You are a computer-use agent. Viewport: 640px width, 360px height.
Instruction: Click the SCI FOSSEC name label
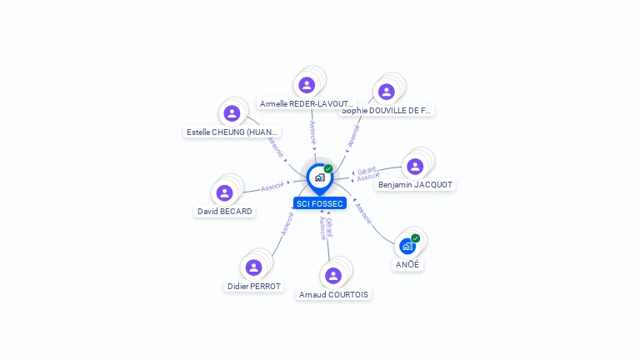(320, 203)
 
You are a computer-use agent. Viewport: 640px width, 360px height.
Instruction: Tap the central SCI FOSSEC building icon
(319, 177)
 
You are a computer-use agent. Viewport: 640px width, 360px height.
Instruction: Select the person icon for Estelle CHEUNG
(232, 113)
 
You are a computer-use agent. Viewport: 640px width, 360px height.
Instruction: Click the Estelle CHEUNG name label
(232, 132)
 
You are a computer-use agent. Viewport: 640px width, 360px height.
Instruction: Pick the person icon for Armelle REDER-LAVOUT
(307, 85)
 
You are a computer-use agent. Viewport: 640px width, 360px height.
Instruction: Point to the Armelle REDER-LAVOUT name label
(307, 104)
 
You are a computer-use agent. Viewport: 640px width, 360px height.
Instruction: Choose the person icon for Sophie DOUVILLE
(386, 92)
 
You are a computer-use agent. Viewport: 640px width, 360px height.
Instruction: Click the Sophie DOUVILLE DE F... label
(387, 110)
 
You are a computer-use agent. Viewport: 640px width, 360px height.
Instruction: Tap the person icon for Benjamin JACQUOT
(415, 167)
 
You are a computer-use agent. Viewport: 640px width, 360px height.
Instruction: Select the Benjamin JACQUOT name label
(415, 185)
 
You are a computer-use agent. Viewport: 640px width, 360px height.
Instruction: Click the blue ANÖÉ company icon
(407, 247)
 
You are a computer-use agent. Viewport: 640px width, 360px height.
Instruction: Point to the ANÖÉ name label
(408, 265)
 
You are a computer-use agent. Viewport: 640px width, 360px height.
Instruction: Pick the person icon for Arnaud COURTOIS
(333, 276)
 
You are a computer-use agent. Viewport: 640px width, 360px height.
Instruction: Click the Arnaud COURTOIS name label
(333, 294)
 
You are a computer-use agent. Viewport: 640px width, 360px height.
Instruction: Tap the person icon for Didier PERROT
(253, 267)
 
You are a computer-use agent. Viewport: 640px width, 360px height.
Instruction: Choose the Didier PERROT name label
(254, 287)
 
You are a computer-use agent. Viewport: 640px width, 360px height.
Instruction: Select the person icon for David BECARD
(224, 193)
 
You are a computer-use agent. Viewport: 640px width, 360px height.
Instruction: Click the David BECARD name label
(224, 212)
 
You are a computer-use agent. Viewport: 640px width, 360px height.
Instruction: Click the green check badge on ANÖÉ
(415, 238)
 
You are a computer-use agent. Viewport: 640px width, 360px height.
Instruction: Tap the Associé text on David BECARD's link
(272, 187)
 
